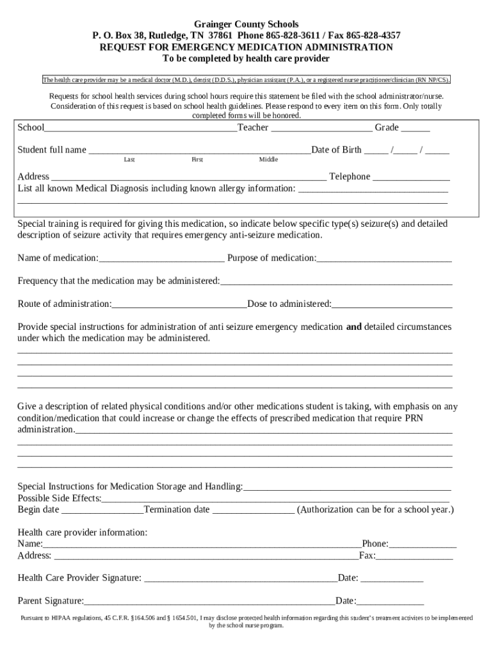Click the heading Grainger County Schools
click(247, 24)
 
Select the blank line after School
click(141, 129)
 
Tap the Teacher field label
click(253, 127)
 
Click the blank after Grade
click(416, 129)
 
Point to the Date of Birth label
click(336, 150)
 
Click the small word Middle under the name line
click(268, 160)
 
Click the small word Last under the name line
click(129, 160)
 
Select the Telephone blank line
click(411, 178)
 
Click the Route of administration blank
click(179, 305)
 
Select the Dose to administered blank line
click(392, 305)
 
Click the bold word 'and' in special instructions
click(354, 327)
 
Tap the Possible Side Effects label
click(60, 498)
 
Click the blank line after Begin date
click(102, 511)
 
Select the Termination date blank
click(253, 511)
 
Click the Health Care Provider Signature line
click(241, 580)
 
